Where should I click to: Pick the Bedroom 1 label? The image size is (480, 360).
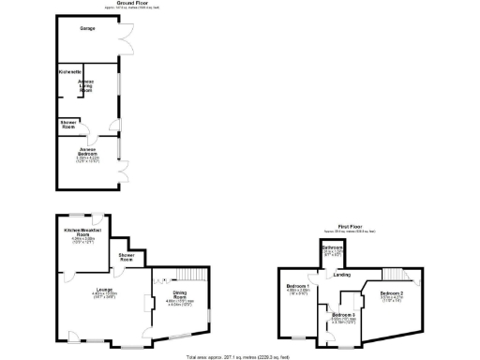[298, 285]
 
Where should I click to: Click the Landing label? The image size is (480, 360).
[344, 275]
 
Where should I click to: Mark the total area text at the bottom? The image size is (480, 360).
[239, 356]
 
